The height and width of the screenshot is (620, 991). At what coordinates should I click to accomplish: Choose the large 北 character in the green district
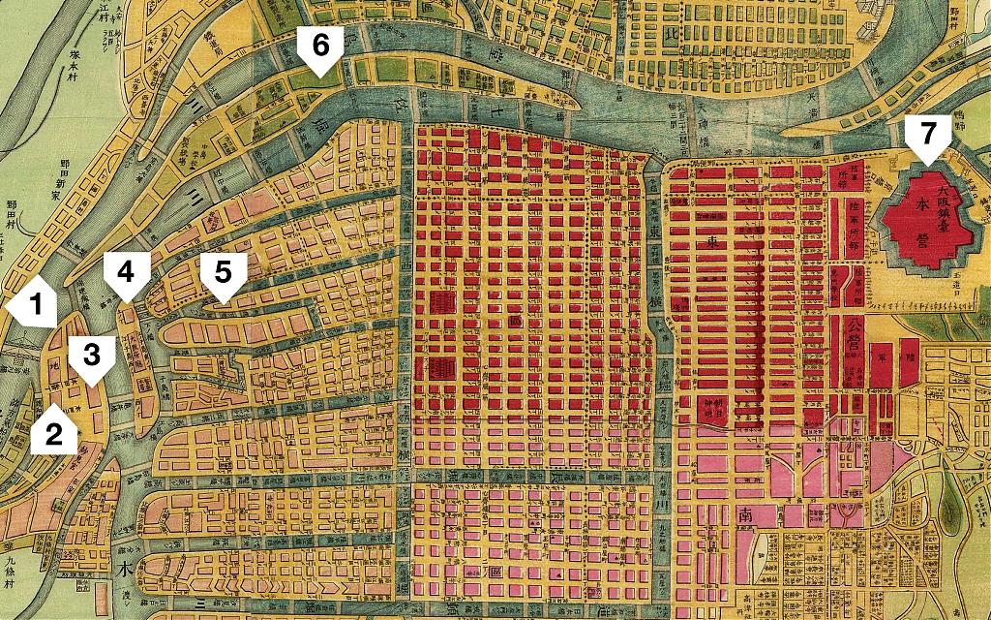pos(673,35)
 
